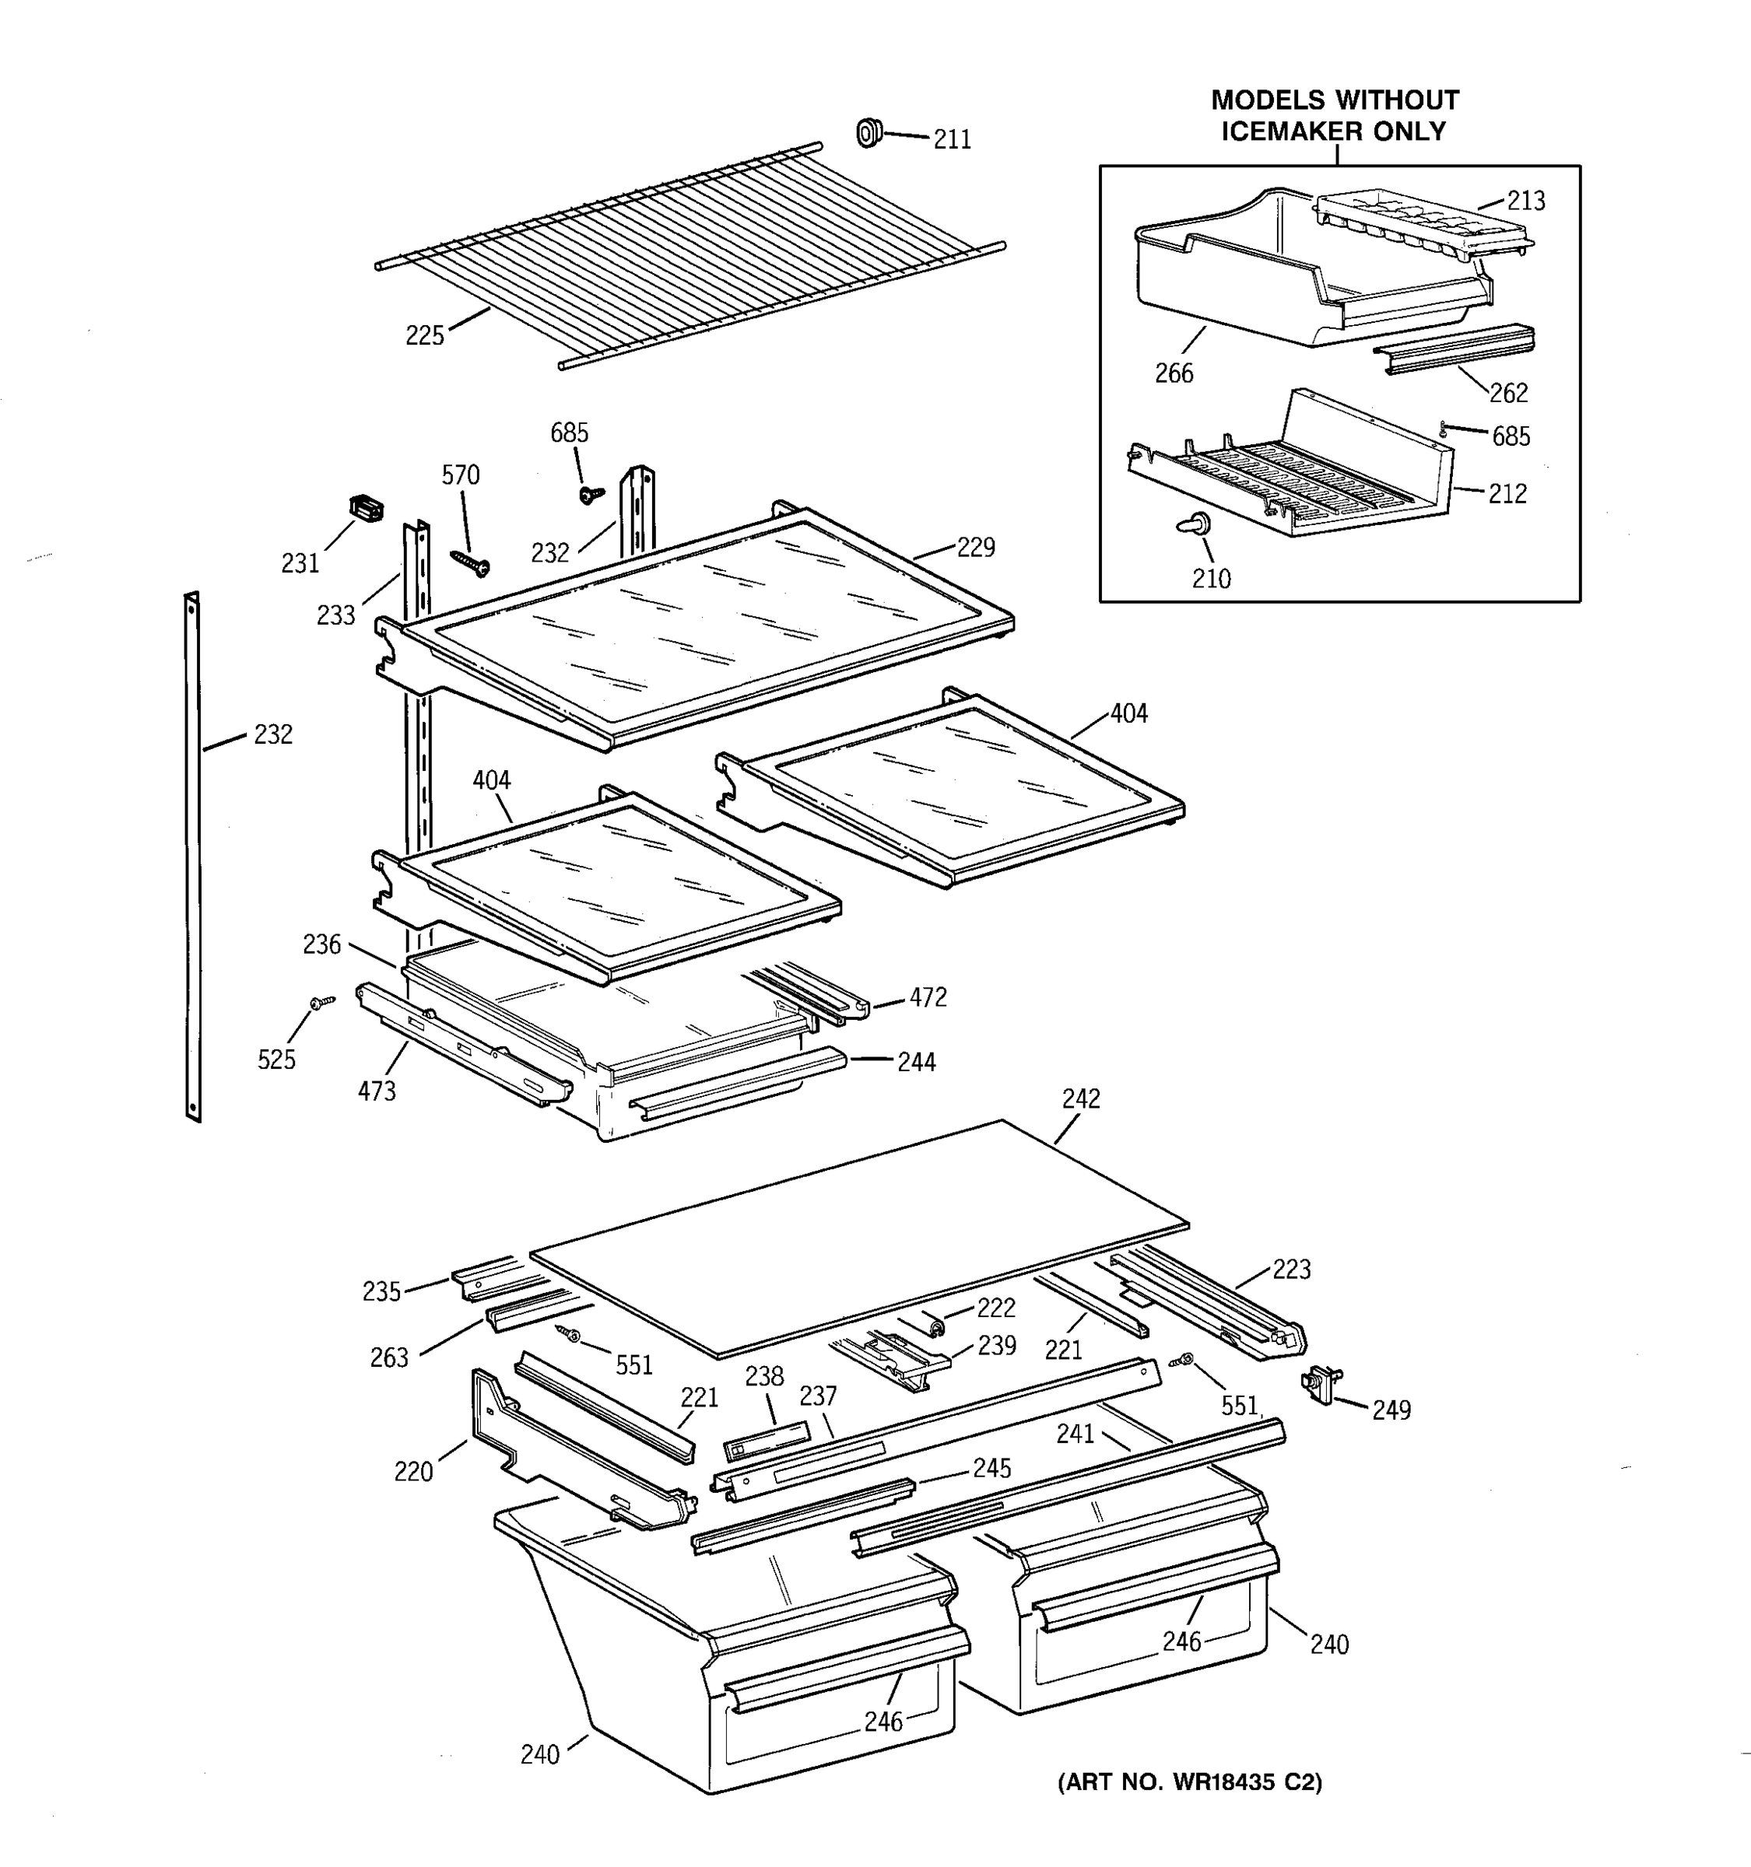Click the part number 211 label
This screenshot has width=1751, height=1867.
point(952,139)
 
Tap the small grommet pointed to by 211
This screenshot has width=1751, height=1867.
point(869,133)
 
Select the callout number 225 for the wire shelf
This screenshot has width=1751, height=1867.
point(425,335)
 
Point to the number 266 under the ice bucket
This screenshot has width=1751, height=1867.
point(1174,373)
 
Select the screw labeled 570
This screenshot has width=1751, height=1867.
point(470,563)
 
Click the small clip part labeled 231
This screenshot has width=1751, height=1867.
point(367,508)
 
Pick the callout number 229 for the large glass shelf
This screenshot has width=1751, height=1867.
point(975,548)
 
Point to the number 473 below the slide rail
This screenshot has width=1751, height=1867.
point(376,1091)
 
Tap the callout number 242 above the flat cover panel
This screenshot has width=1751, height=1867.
point(1080,1098)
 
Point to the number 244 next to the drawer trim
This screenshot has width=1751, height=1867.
point(916,1061)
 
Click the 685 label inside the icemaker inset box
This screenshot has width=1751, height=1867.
point(1511,436)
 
